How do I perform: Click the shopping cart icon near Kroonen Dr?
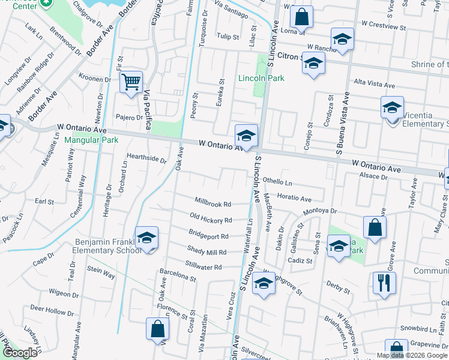(x=131, y=82)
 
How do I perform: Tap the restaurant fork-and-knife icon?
(x=384, y=282)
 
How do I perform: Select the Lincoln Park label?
(x=261, y=78)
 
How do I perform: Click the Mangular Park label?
(x=91, y=140)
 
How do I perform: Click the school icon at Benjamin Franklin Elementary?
(x=146, y=238)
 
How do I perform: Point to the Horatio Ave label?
(x=294, y=199)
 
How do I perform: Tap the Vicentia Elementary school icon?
(x=392, y=107)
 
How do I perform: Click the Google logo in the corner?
(x=20, y=353)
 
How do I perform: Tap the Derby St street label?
(x=338, y=287)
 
